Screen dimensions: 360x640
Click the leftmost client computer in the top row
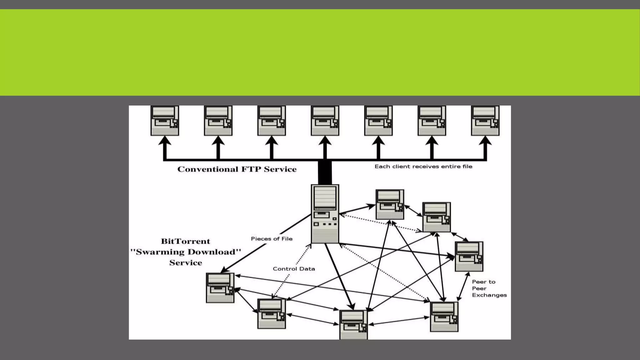(165, 121)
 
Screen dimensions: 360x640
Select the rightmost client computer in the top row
(485, 121)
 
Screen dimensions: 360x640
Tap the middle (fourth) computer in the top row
(325, 121)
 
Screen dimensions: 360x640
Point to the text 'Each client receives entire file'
(423, 167)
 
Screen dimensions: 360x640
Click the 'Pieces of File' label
(272, 239)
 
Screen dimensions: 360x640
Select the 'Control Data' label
(294, 269)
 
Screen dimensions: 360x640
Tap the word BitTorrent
(185, 242)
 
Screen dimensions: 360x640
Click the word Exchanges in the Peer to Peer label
(489, 295)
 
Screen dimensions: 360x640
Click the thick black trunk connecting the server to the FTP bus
(325, 172)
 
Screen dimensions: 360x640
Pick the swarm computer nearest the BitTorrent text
(220, 287)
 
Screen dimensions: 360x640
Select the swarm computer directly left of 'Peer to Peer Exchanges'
(444, 317)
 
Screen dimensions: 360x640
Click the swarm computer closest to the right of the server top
(390, 204)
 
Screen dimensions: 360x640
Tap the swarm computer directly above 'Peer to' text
(469, 256)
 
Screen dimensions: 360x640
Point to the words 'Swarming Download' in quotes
(186, 252)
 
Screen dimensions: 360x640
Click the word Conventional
(208, 169)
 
